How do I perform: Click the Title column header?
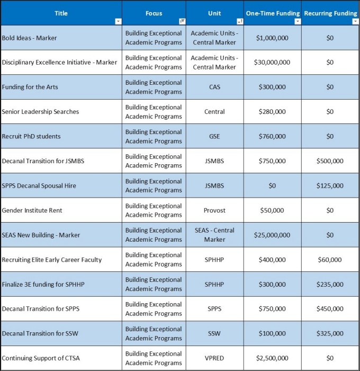pyautogui.click(x=61, y=13)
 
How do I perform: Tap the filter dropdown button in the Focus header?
pyautogui.click(x=182, y=21)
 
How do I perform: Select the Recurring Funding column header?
pyautogui.click(x=330, y=13)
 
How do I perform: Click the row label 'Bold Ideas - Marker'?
pyautogui.click(x=30, y=38)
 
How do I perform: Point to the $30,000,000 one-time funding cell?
pyautogui.click(x=272, y=63)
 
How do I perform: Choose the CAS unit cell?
pyautogui.click(x=214, y=87)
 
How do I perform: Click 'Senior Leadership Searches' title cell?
pyautogui.click(x=40, y=112)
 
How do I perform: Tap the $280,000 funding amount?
pyautogui.click(x=272, y=112)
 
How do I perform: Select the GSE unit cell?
pyautogui.click(x=214, y=136)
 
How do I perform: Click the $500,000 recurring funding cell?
pyautogui.click(x=330, y=161)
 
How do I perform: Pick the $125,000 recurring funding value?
pyautogui.click(x=330, y=186)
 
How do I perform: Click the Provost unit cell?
pyautogui.click(x=214, y=210)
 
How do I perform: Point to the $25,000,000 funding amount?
pyautogui.click(x=272, y=235)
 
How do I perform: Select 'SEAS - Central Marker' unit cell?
pyautogui.click(x=214, y=235)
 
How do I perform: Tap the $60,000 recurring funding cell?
pyautogui.click(x=330, y=260)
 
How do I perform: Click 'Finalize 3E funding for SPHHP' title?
pyautogui.click(x=43, y=285)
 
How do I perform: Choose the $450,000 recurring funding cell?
pyautogui.click(x=330, y=309)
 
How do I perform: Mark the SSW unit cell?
pyautogui.click(x=214, y=334)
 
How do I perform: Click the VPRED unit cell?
pyautogui.click(x=214, y=358)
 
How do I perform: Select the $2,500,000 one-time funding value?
pyautogui.click(x=272, y=358)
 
